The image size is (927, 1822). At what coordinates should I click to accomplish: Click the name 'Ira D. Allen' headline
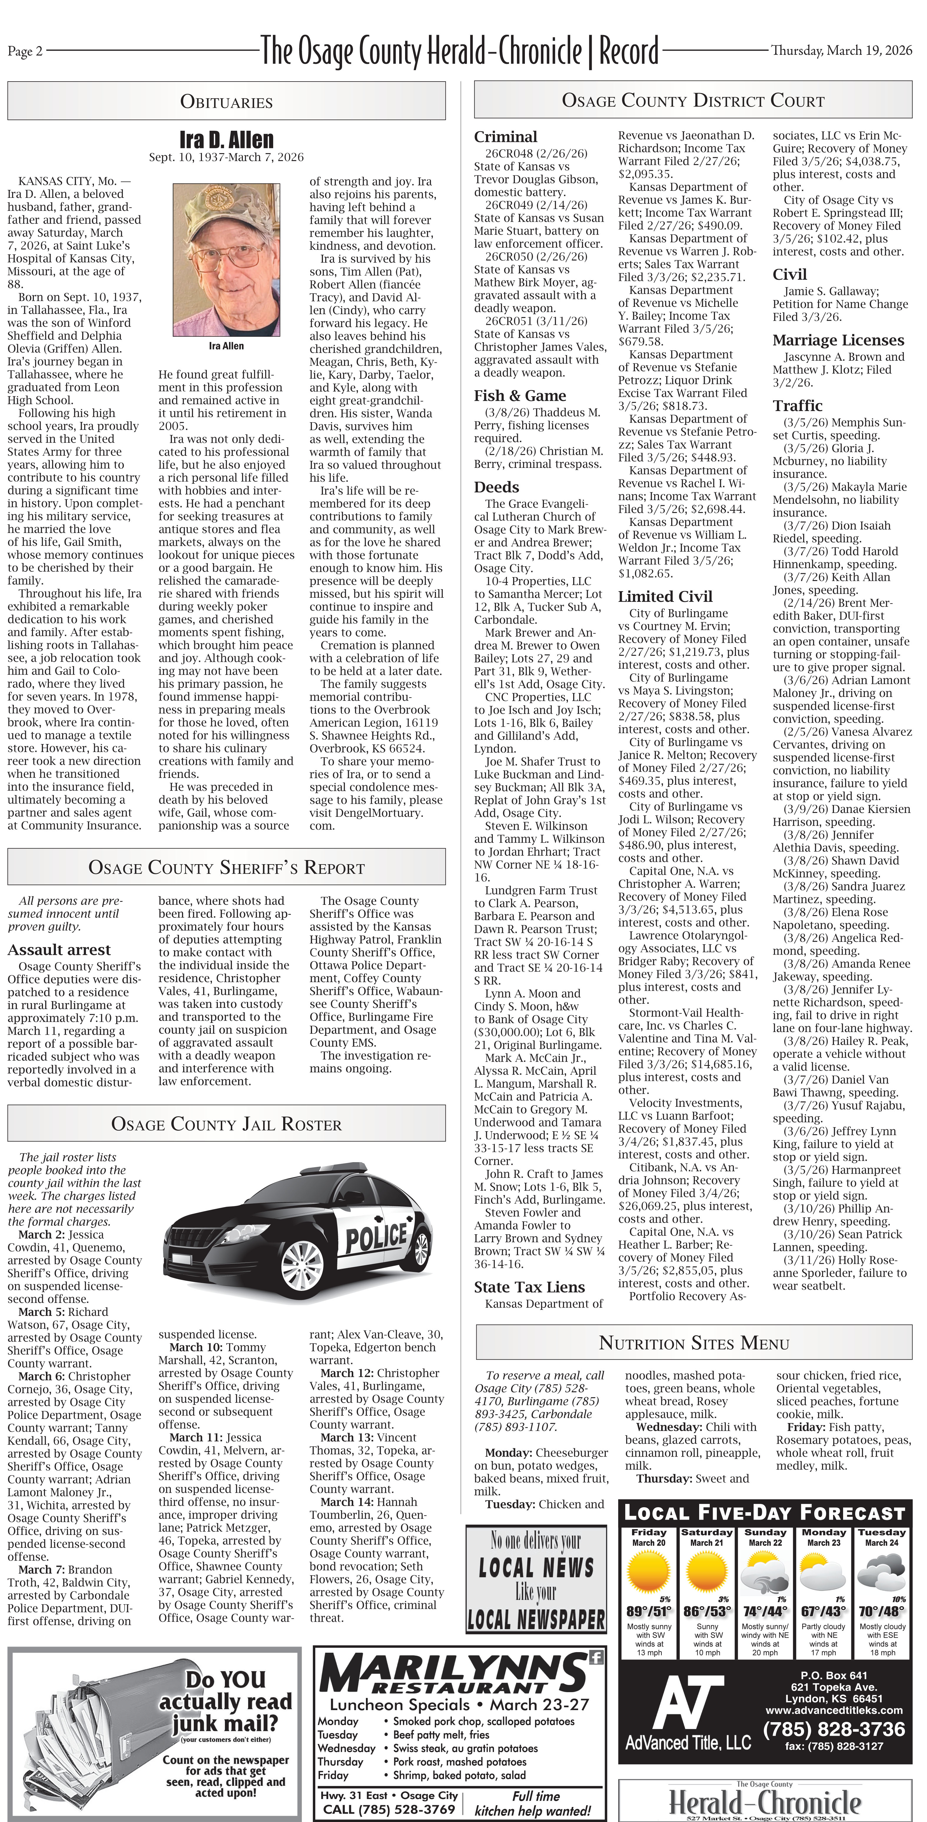(226, 139)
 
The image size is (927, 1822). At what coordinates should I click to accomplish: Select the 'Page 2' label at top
(25, 51)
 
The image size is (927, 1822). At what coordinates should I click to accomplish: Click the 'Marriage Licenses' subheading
(838, 340)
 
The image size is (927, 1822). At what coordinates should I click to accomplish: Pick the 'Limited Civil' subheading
(665, 596)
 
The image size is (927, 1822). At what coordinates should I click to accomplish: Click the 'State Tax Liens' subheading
(529, 1287)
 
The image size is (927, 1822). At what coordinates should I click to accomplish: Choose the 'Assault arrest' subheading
(59, 949)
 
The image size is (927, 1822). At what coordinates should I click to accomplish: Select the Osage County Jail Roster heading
(226, 1124)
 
